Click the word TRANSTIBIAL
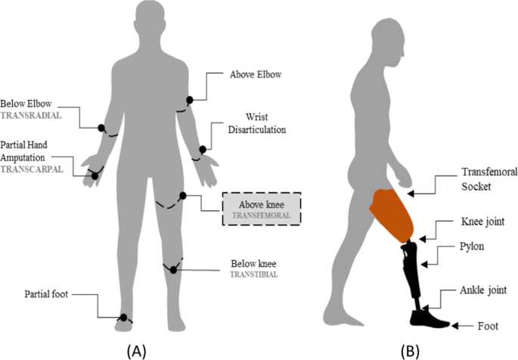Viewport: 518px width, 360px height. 253,275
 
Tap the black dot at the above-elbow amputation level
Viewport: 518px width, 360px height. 190,99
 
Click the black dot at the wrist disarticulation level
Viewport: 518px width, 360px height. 203,150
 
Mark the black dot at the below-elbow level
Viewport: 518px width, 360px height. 101,128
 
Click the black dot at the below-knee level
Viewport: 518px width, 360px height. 173,269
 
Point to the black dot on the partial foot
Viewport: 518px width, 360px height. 123,318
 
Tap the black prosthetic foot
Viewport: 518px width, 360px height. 430,318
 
